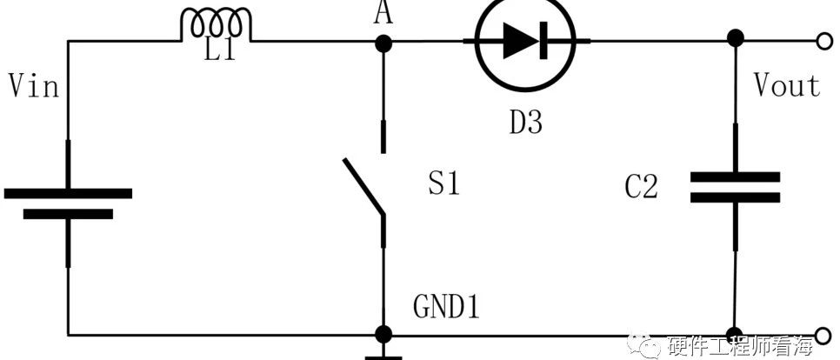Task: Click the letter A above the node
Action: click(x=383, y=13)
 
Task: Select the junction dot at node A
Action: click(x=383, y=44)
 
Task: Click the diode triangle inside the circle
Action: click(x=517, y=41)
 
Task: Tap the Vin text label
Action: click(x=33, y=86)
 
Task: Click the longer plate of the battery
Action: click(x=68, y=193)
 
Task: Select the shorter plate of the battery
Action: click(x=68, y=214)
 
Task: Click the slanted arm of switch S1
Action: click(x=363, y=186)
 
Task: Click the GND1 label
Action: click(x=446, y=308)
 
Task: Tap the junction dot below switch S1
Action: click(x=383, y=334)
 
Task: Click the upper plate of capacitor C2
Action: click(x=735, y=177)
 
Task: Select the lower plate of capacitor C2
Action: click(x=735, y=197)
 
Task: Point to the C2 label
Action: click(x=641, y=188)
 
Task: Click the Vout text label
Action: click(x=786, y=86)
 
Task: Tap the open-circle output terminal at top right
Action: click(x=824, y=41)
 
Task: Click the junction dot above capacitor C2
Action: click(x=736, y=38)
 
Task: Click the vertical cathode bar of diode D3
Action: click(x=543, y=41)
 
